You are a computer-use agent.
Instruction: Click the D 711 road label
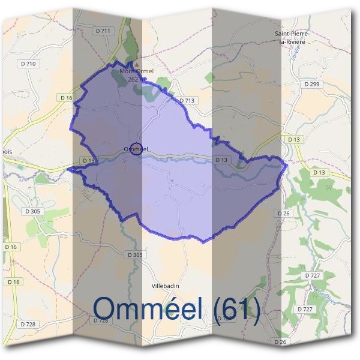tap(104, 30)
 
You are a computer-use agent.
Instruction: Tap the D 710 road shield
tap(28, 64)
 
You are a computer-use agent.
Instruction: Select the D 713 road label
tap(187, 100)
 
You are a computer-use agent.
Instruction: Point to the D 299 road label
tap(312, 85)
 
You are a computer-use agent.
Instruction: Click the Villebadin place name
tap(166, 286)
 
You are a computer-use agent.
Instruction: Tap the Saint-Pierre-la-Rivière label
tap(290, 37)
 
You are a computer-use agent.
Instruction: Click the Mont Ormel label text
tap(137, 71)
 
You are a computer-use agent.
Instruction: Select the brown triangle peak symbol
tap(137, 64)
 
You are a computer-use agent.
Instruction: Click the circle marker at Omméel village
tap(136, 149)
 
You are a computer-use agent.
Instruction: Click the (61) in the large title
tap(237, 310)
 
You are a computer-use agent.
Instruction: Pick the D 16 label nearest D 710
tap(66, 97)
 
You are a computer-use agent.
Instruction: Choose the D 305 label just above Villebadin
tap(136, 255)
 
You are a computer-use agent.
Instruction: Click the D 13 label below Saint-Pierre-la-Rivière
tap(294, 139)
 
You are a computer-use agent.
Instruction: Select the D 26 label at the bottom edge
tap(280, 341)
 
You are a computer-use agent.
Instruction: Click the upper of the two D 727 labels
tap(313, 275)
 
